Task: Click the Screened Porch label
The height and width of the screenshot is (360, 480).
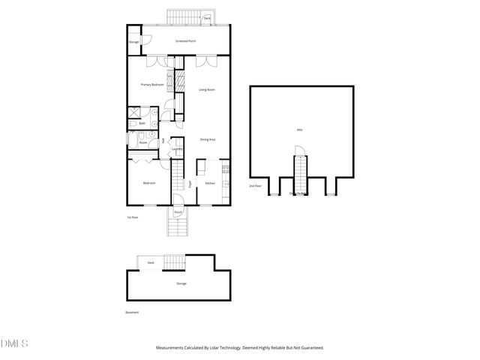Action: [185, 41]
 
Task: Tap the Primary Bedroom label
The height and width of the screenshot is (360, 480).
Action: [152, 85]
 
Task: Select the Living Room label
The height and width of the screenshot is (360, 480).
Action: [208, 90]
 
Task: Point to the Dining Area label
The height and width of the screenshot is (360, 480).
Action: [208, 139]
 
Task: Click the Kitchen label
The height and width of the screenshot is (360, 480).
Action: [211, 183]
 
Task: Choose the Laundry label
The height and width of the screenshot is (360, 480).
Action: [178, 148]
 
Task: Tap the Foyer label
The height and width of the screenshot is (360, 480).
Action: [190, 183]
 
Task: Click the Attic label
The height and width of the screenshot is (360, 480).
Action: [300, 130]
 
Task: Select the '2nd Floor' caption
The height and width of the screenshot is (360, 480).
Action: [257, 186]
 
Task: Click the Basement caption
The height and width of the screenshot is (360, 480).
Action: [132, 312]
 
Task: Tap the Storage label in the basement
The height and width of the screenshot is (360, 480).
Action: [181, 283]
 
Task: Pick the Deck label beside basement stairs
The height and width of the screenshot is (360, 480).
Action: [151, 262]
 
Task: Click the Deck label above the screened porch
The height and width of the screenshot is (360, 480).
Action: [206, 17]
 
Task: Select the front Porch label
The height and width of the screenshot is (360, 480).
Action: [178, 212]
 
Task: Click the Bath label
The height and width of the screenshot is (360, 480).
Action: [142, 123]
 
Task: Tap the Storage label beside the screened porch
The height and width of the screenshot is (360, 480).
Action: [133, 41]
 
